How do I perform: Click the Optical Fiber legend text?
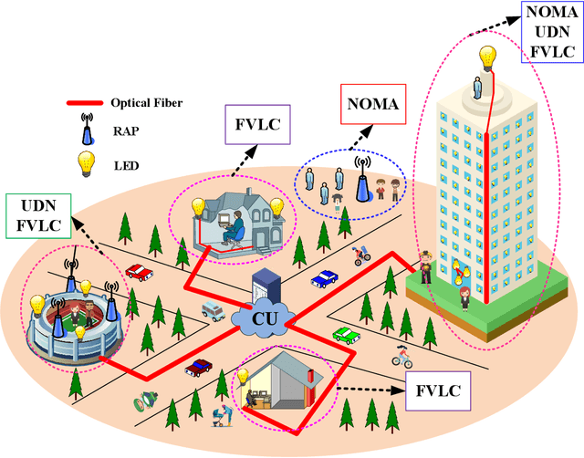145,103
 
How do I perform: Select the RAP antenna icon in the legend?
85,133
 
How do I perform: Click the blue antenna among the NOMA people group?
361,184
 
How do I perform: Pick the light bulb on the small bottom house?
243,375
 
